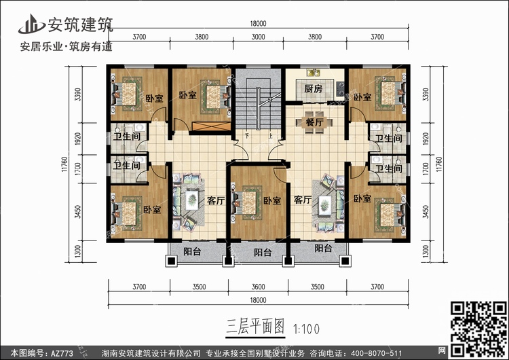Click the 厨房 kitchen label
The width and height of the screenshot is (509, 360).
[x=314, y=88]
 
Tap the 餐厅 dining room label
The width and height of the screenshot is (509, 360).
[x=314, y=122]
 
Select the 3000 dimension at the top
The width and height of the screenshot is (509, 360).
[x=258, y=37]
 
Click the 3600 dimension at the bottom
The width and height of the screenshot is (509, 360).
[x=258, y=287]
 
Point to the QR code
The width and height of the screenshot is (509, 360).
[x=479, y=329]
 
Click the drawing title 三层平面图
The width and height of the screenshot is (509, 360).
[x=255, y=326]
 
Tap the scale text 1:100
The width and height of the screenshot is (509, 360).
[x=307, y=329]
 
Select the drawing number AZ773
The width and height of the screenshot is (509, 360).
[x=62, y=353]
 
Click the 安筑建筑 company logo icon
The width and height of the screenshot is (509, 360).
[x=31, y=24]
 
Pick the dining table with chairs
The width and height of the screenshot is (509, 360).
[x=314, y=122]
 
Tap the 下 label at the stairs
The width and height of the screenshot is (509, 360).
[x=247, y=135]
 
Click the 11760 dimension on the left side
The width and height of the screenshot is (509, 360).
[x=65, y=164]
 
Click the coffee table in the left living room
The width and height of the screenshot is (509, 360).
[x=192, y=200]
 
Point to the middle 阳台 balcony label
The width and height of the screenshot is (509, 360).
[x=263, y=253]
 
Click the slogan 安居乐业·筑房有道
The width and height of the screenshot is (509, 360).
[x=67, y=46]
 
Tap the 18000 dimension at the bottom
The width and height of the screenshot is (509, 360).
[x=258, y=300]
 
